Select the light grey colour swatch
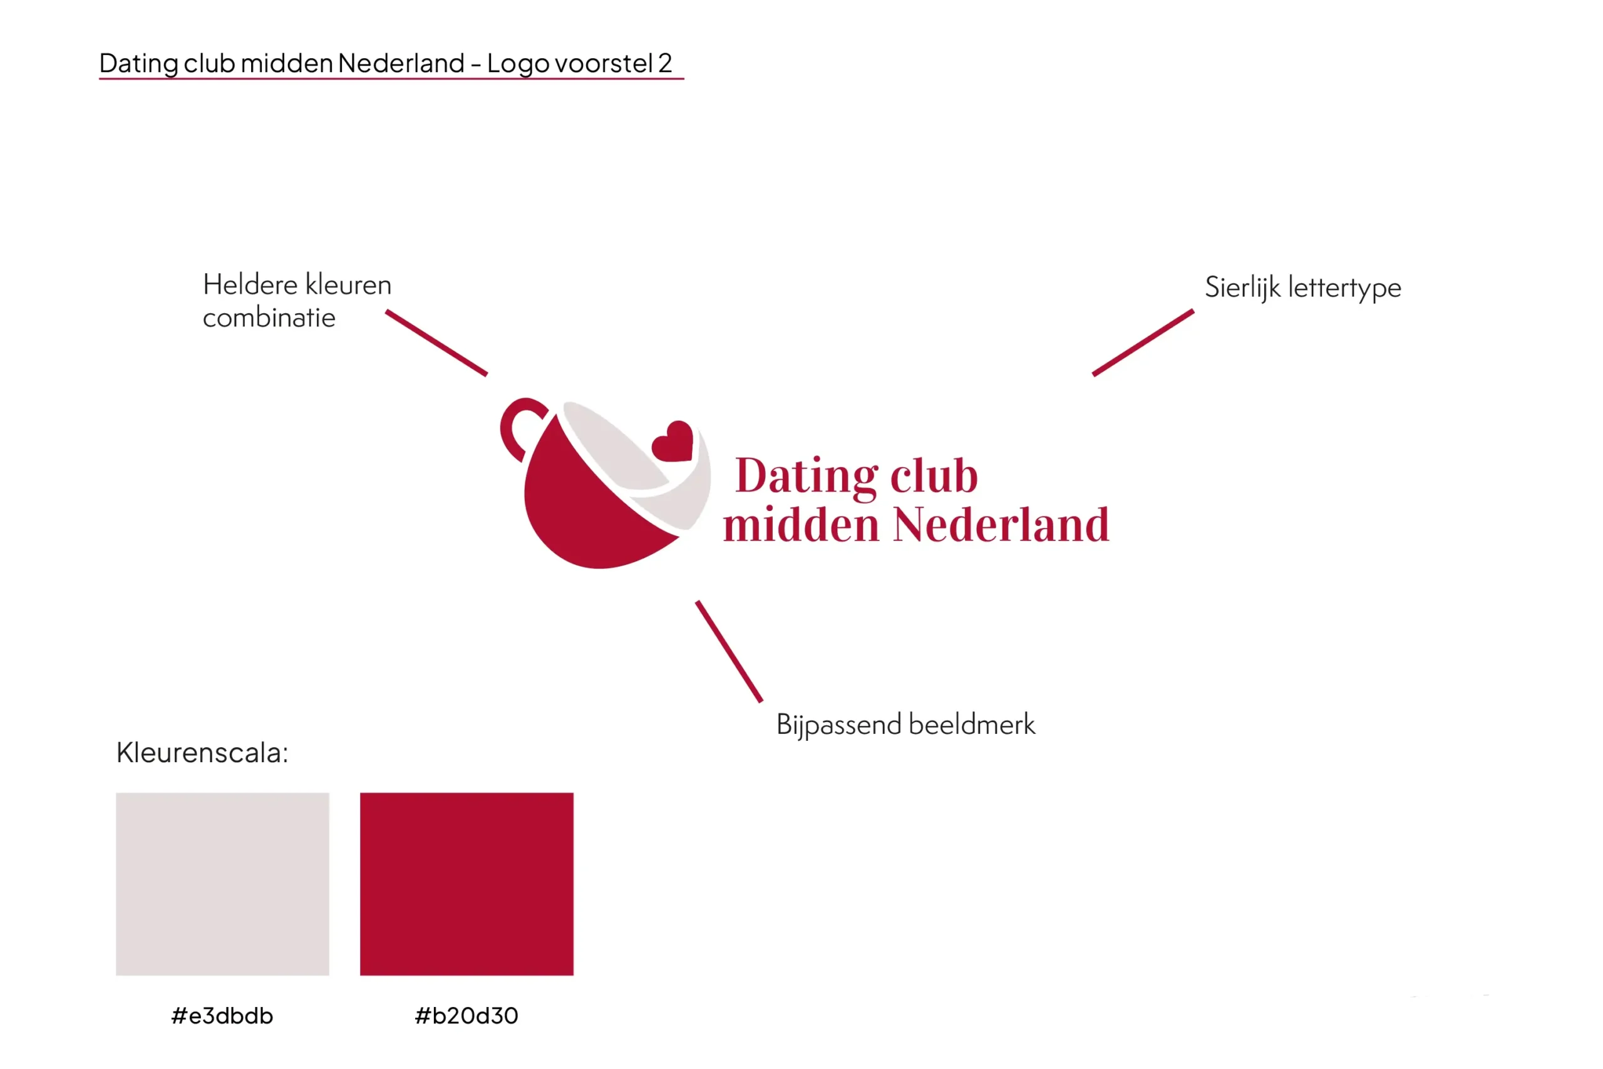click(222, 884)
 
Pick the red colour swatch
click(467, 884)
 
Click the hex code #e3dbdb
click(222, 1016)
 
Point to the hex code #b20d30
click(467, 1016)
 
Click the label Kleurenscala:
click(202, 753)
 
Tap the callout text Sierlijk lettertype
click(1303, 287)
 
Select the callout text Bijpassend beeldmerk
click(906, 725)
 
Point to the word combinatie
click(269, 318)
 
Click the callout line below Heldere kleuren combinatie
click(436, 343)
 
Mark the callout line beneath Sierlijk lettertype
click(1143, 343)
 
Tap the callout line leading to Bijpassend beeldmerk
click(729, 651)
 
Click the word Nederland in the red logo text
click(1001, 525)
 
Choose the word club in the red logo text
click(934, 475)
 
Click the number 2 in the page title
click(664, 63)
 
